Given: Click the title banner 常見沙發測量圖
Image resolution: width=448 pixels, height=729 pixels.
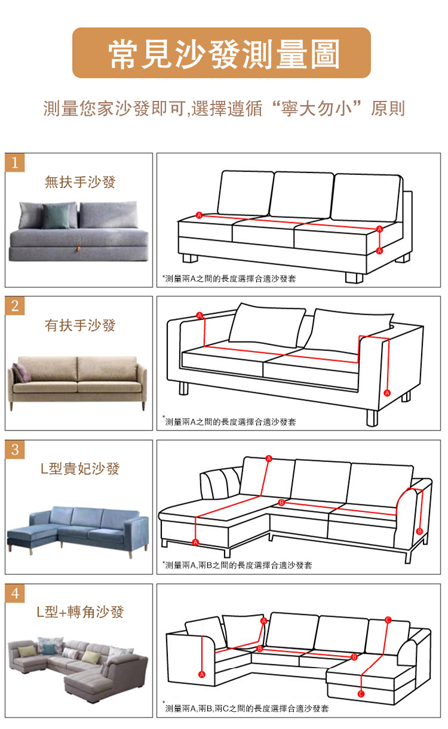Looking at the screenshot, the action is click(222, 53).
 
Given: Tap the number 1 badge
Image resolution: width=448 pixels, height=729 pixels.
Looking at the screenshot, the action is click(15, 162).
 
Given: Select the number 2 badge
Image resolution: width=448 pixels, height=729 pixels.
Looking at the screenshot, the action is click(15, 306).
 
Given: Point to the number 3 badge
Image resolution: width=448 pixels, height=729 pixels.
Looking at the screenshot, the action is click(15, 450).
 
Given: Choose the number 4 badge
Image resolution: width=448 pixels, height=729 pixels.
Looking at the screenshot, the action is click(15, 593).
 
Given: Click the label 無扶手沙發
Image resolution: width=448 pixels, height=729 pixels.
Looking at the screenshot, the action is click(80, 182).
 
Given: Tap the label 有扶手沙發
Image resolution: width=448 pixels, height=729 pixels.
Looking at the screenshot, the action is click(80, 325).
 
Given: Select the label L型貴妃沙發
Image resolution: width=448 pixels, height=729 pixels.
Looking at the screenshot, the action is click(80, 469).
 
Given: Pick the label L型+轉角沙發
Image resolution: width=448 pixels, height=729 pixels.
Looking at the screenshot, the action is click(80, 612).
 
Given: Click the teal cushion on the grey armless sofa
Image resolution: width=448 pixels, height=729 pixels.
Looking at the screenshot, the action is click(57, 216).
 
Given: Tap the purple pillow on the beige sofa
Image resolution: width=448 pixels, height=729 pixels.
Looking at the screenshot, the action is click(21, 373).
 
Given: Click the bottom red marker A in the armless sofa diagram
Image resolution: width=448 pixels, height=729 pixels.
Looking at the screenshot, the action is click(379, 251).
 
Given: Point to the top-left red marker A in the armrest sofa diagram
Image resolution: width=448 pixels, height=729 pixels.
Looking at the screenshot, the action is click(200, 315).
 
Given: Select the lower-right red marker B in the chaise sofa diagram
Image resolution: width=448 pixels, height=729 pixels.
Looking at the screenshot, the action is click(419, 531).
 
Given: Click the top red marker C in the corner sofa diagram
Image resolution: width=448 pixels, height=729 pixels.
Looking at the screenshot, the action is click(388, 620).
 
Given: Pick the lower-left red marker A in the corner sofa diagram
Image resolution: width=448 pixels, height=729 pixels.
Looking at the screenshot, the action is click(202, 675).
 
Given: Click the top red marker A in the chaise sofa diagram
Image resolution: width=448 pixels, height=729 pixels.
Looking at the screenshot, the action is click(269, 459).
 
